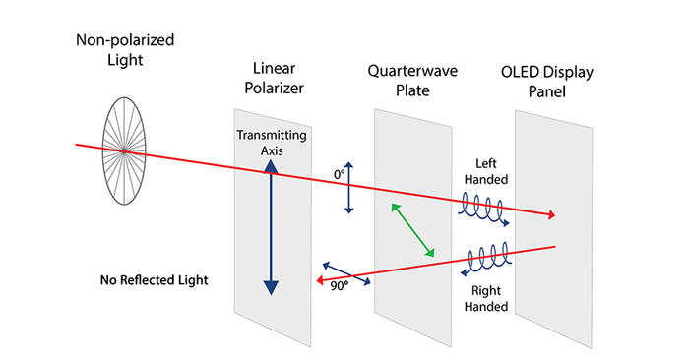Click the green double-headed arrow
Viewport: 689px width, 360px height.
412,230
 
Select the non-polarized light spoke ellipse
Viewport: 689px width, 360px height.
125,150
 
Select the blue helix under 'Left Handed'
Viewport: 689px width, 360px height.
484,209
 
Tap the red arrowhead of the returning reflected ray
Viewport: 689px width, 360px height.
319,281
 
